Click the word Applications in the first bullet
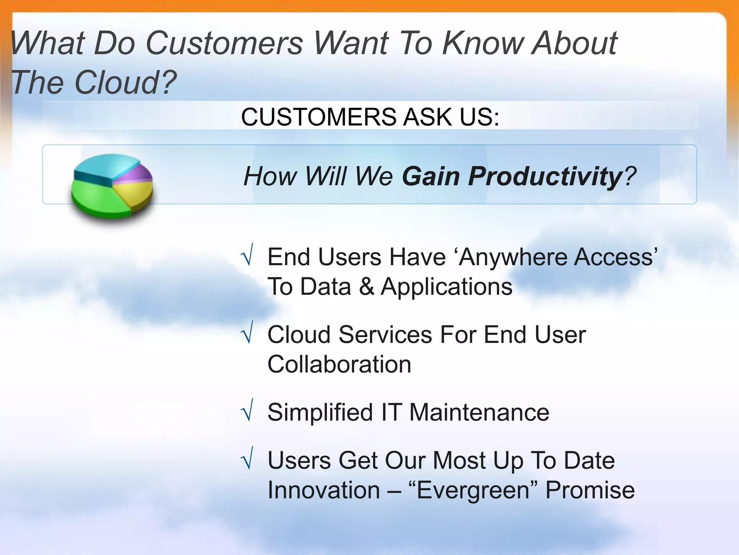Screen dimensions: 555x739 click(x=446, y=287)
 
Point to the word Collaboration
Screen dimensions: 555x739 click(x=339, y=364)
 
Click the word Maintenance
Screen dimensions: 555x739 click(x=479, y=412)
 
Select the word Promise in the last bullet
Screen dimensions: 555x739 click(x=590, y=490)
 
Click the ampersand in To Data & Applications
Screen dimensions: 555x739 click(x=366, y=287)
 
